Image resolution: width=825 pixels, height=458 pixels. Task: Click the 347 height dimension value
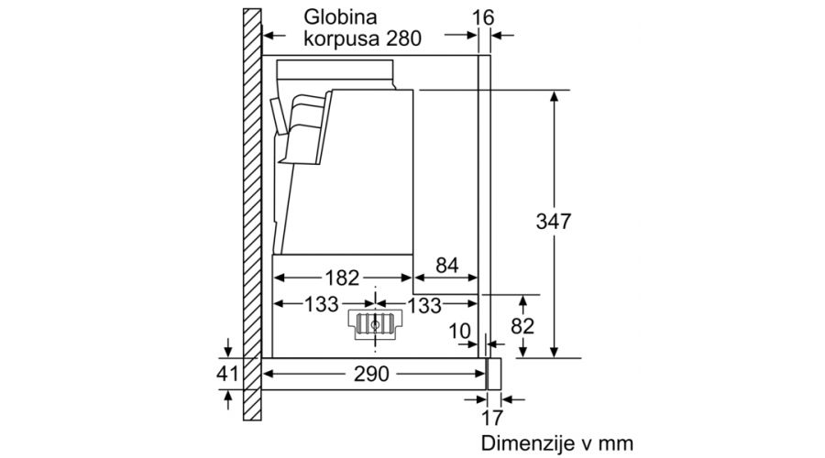[553, 222]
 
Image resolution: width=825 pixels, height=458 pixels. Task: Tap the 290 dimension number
[371, 374]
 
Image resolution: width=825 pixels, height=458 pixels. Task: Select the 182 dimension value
[342, 278]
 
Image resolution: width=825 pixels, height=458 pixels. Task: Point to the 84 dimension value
[446, 266]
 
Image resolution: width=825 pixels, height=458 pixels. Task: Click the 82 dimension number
[522, 326]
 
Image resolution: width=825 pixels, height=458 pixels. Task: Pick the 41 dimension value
[227, 374]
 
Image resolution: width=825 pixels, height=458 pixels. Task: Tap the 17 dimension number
[492, 418]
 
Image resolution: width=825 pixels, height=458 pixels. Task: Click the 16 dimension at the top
[483, 18]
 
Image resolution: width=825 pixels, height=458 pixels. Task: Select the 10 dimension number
[459, 332]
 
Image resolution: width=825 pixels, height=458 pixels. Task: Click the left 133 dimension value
[322, 304]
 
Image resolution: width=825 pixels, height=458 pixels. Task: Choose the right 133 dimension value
[424, 305]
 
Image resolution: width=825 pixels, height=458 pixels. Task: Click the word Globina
[340, 16]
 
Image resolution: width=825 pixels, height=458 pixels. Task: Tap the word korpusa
[342, 38]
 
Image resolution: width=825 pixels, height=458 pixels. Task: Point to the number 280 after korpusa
[403, 38]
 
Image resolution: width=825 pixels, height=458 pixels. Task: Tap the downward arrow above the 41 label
[228, 347]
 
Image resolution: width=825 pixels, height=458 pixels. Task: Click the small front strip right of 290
[493, 374]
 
